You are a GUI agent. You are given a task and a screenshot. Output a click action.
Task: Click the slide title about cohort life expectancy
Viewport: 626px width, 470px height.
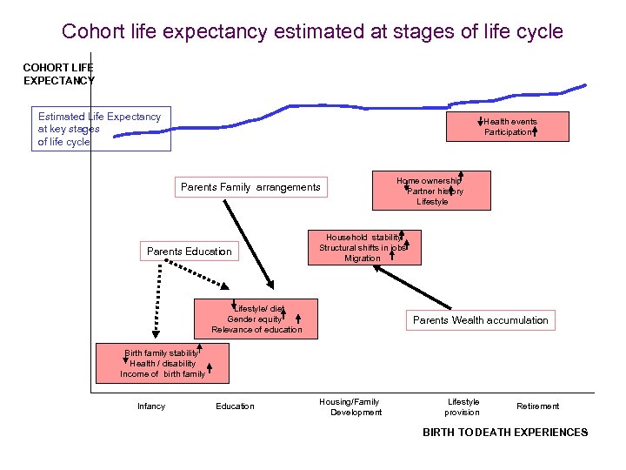click(312, 32)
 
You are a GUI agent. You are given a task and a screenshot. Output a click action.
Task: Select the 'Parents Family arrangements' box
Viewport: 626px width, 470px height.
click(250, 187)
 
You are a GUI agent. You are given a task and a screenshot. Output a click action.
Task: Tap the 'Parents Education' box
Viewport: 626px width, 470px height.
click(190, 252)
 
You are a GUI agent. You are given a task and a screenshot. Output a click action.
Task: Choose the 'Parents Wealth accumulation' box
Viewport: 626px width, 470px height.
click(480, 320)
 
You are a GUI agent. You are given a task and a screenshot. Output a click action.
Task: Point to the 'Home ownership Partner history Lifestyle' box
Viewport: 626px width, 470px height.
click(431, 191)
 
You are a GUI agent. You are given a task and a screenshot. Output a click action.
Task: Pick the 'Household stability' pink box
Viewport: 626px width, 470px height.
click(363, 247)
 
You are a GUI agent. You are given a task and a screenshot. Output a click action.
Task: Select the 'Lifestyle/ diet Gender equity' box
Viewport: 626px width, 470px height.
click(256, 319)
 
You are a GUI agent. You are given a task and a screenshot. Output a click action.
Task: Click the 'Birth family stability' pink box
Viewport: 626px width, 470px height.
click(163, 364)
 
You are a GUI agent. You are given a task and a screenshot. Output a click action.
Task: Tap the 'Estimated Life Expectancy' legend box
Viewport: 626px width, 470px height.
click(101, 129)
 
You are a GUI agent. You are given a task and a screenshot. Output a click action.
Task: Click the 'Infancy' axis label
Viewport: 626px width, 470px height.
click(151, 406)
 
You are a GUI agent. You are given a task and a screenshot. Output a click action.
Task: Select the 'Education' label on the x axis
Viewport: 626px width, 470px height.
click(236, 406)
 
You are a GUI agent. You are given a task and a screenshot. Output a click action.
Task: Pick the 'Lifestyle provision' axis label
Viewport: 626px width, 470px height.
click(463, 406)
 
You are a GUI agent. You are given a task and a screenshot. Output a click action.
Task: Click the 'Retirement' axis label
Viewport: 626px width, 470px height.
click(538, 406)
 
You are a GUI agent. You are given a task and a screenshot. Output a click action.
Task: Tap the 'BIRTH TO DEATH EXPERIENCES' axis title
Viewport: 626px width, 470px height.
click(505, 433)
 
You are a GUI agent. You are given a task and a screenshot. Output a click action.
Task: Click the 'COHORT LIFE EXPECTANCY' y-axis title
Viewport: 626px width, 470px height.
click(58, 74)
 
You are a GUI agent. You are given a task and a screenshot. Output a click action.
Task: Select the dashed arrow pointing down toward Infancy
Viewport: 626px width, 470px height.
click(157, 300)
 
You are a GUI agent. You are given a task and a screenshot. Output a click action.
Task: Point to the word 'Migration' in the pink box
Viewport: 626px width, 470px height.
click(363, 258)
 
